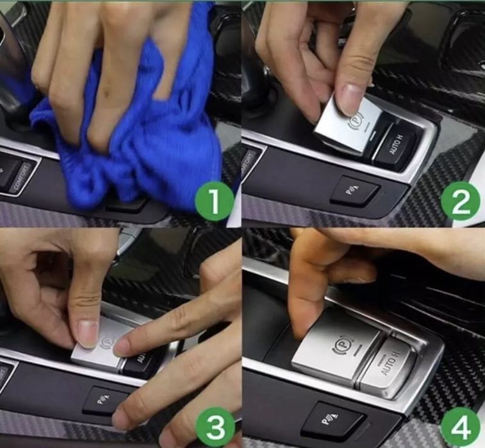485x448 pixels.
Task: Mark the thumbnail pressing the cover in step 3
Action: tap(86, 334)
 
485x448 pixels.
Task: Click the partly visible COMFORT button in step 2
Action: tap(249, 163)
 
